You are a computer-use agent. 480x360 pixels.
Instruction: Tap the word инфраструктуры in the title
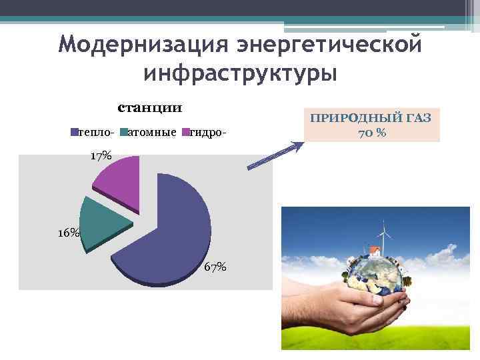click(240, 72)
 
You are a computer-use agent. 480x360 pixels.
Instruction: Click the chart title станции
click(150, 107)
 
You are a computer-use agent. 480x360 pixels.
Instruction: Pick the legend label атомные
click(152, 133)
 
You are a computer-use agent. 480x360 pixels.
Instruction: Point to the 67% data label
click(215, 267)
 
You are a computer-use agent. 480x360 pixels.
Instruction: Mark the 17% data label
click(101, 155)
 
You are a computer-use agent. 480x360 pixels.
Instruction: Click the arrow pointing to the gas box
click(273, 155)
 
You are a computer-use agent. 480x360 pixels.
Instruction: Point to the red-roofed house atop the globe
click(374, 251)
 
